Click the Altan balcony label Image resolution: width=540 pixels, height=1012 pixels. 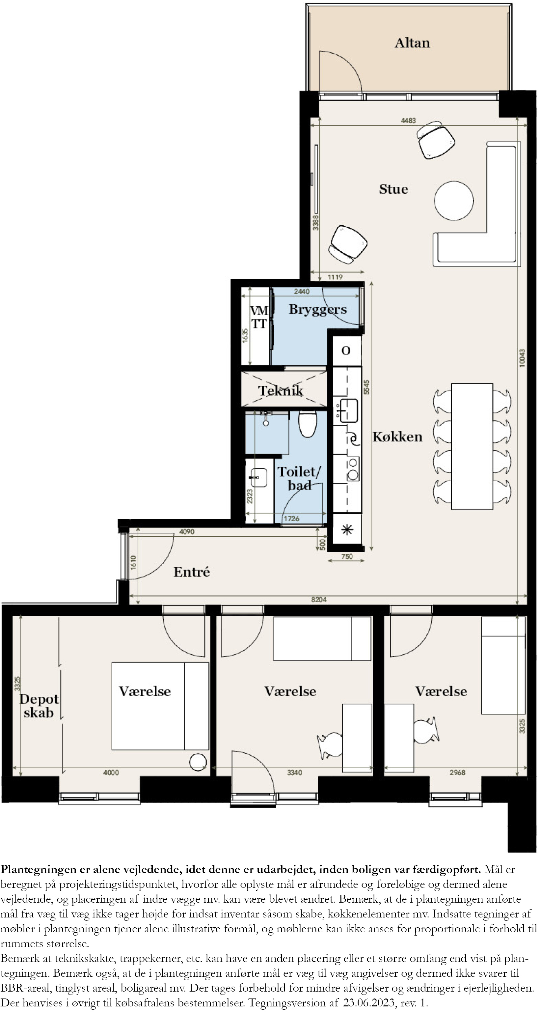pyautogui.click(x=412, y=43)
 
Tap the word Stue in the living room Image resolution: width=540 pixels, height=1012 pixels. pyautogui.click(x=393, y=189)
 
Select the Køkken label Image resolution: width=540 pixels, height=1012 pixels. pyautogui.click(x=397, y=436)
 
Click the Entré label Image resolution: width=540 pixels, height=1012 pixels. pyautogui.click(x=192, y=572)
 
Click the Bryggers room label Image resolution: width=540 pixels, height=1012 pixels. pyautogui.click(x=318, y=310)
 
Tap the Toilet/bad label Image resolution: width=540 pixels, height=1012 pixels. pyautogui.click(x=299, y=479)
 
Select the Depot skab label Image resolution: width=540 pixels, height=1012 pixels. pyautogui.click(x=39, y=706)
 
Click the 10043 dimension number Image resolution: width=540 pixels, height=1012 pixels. pyautogui.click(x=522, y=358)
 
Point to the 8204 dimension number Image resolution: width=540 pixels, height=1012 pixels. pyautogui.click(x=319, y=600)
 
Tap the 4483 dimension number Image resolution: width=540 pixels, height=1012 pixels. pyautogui.click(x=408, y=121)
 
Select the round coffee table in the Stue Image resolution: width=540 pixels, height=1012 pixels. pyautogui.click(x=454, y=201)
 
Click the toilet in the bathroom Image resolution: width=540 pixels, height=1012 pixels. pyautogui.click(x=308, y=424)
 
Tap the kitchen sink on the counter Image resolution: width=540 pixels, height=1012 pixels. pyautogui.click(x=348, y=410)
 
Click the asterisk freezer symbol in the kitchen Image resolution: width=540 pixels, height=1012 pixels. pyautogui.click(x=347, y=530)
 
